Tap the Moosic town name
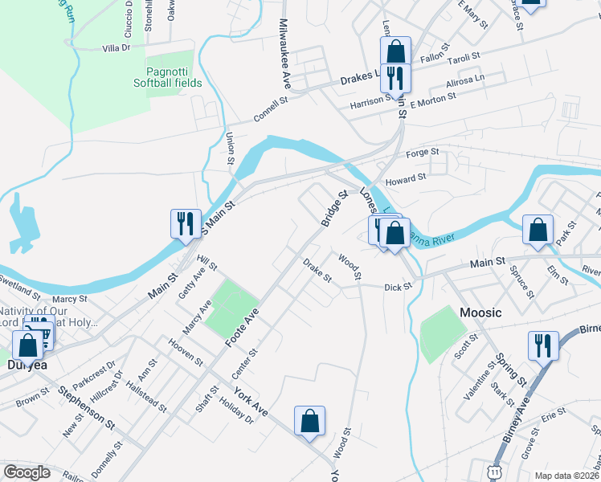480,312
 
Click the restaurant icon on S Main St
186,223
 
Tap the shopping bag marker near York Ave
309,421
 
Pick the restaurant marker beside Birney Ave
543,346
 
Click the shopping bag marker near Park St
538,230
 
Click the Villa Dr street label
117,48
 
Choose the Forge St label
423,152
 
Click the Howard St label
405,180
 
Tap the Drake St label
317,271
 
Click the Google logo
27,472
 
